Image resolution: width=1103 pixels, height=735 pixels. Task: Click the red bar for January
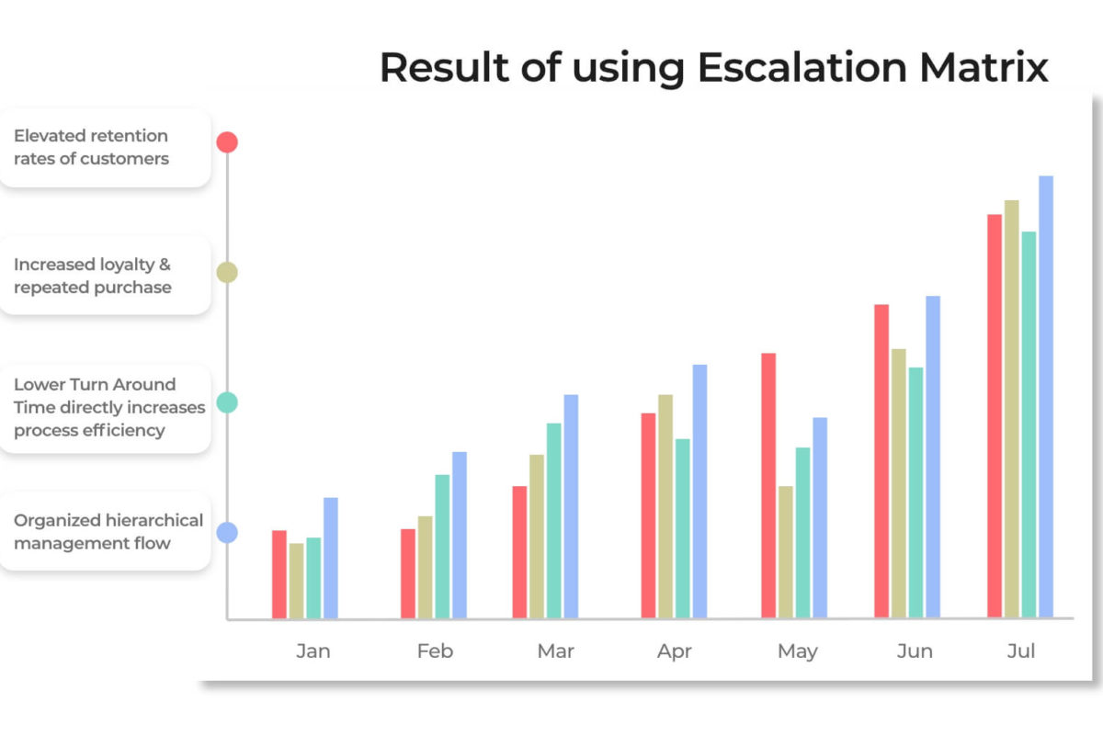coord(279,574)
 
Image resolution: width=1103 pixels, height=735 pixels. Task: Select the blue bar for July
coord(1046,397)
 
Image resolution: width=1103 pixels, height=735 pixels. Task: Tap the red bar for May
coord(768,485)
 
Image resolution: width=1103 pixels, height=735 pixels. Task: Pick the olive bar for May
coord(785,552)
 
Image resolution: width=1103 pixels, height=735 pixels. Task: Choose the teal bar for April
coord(682,528)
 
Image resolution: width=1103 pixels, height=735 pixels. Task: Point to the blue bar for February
coord(460,535)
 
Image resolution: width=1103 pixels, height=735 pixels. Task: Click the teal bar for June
coord(915,492)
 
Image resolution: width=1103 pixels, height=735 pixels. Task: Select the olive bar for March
coord(537,537)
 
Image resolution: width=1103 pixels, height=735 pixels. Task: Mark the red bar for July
coord(995,416)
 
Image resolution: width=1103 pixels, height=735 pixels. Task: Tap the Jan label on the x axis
coord(313,651)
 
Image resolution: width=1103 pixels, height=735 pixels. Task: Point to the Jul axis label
coord(1021,651)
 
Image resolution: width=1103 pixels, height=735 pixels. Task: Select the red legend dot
coord(227,142)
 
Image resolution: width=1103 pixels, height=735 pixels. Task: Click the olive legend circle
coord(227,272)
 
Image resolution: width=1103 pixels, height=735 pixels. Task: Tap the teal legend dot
coord(227,402)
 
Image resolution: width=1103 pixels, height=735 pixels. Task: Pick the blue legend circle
coord(227,533)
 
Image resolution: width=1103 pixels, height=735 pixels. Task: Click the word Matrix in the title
coord(984,67)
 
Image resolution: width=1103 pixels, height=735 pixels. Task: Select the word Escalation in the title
coord(802,67)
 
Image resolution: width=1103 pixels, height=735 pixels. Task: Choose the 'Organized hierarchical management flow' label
coord(108,532)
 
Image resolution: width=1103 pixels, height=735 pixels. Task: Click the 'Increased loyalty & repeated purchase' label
coord(93,276)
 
